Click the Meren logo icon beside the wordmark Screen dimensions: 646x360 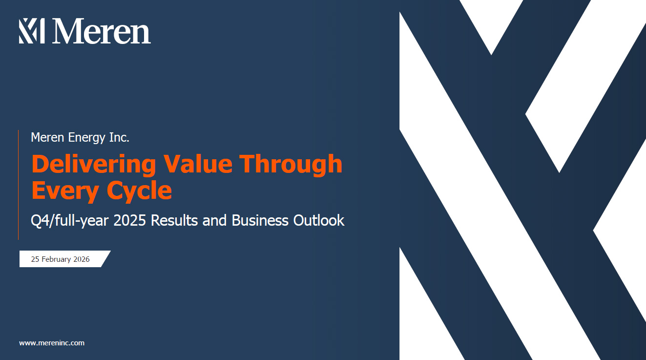32,31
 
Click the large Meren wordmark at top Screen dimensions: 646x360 101,31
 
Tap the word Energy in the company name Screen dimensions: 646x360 86,138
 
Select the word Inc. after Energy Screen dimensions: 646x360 119,137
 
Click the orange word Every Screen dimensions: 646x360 65,191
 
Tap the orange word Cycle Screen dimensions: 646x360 139,191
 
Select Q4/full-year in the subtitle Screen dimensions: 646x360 69,221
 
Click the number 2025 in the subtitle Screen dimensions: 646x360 130,220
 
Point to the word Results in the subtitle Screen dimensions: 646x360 174,220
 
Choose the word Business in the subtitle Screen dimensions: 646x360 260,220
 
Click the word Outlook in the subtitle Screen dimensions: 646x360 319,220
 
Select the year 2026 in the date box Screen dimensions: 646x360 82,259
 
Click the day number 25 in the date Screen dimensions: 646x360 35,259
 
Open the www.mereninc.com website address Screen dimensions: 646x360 52,343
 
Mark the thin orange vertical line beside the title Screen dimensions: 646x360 19,185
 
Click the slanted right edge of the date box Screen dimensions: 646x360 106,259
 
